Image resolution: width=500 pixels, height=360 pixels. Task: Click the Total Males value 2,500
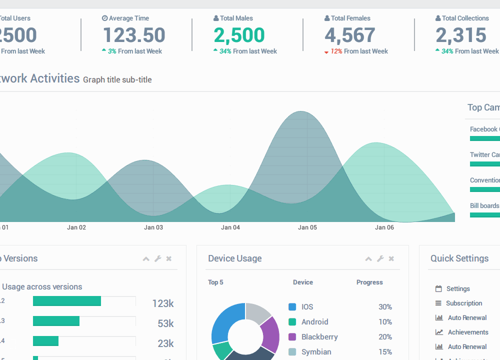tap(239, 35)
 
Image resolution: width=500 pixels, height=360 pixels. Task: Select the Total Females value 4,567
tap(350, 35)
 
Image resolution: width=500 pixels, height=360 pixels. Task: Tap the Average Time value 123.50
tap(134, 35)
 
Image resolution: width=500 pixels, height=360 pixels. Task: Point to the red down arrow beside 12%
tap(326, 52)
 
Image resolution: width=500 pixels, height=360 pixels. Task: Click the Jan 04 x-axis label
tap(230, 227)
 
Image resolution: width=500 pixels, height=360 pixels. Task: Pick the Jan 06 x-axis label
tap(384, 227)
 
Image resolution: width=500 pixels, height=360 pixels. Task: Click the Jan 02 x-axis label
tap(76, 227)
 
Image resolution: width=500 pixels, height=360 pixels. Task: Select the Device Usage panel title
tap(235, 258)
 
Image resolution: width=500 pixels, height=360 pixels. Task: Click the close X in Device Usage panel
tap(391, 258)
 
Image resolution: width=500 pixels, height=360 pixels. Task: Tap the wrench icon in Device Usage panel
tap(380, 258)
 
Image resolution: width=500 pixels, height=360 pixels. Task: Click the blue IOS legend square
tap(292, 307)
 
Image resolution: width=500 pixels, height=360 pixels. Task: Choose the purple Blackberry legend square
tap(292, 337)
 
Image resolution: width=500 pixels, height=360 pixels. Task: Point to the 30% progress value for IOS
tap(385, 307)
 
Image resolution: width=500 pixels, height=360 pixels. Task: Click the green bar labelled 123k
tap(67, 301)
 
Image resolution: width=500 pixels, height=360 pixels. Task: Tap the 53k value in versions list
tap(165, 323)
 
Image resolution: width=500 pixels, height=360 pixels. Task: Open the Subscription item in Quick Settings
tap(464, 303)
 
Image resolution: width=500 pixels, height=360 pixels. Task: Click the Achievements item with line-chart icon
tap(468, 332)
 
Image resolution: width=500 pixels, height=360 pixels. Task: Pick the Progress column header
tap(369, 282)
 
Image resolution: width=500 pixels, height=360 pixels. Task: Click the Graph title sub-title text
tap(117, 79)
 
